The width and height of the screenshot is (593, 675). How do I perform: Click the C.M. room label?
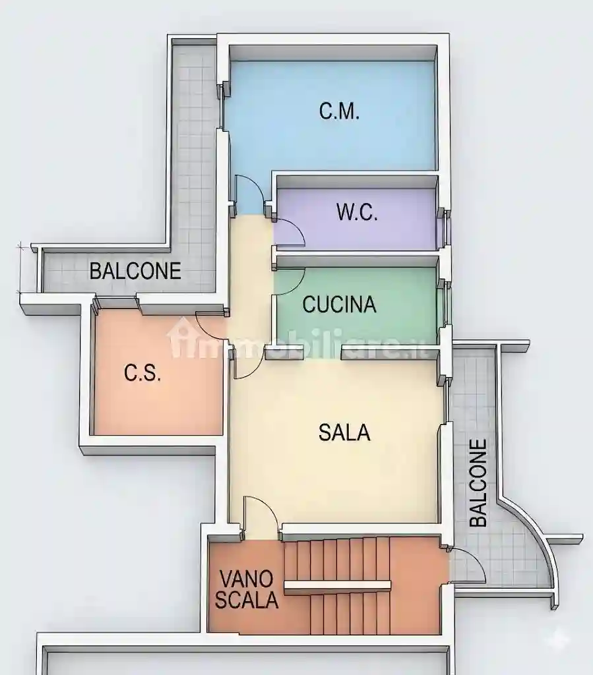[x=339, y=111]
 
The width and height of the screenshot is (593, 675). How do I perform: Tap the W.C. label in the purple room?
[x=357, y=213]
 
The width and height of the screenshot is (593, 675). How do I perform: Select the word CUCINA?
[x=339, y=305]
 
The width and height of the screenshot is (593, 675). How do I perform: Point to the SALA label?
[x=344, y=433]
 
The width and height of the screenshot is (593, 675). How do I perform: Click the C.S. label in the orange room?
[x=142, y=373]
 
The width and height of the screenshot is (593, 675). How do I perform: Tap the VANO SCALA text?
[x=247, y=590]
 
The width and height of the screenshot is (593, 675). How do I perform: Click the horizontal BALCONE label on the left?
[x=135, y=271]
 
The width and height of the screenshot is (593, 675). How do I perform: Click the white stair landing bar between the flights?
[x=337, y=585]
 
